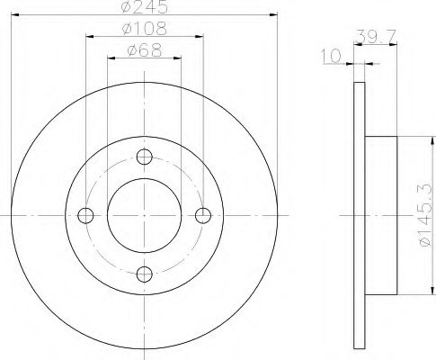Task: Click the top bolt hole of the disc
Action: pos(145,155)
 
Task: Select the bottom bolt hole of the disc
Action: pos(145,274)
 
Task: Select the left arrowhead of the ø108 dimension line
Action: pos(89,37)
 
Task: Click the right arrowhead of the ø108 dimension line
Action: pos(200,37)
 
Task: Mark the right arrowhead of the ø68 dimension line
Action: pos(178,58)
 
